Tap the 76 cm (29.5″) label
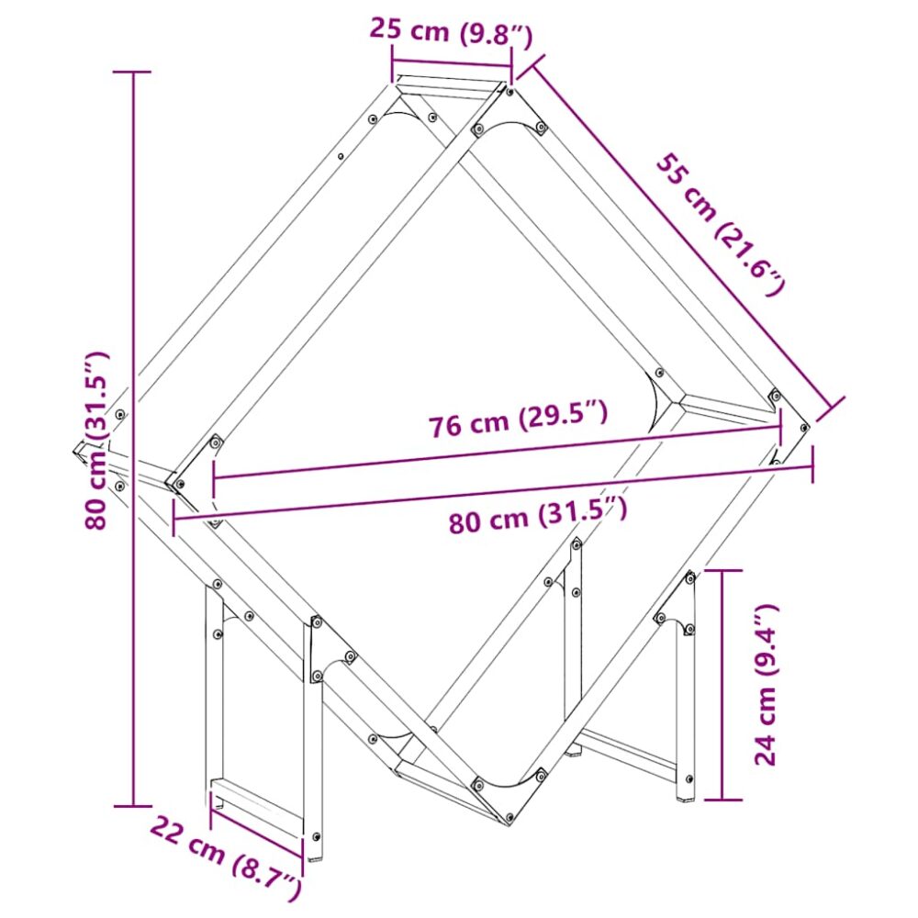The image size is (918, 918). tap(518, 418)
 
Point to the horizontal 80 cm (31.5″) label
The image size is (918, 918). tap(537, 515)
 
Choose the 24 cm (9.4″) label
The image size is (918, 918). tap(766, 684)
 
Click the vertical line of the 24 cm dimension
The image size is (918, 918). tap(722, 685)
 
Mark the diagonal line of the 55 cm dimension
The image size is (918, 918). tap(681, 233)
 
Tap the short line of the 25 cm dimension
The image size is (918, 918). tap(452, 64)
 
